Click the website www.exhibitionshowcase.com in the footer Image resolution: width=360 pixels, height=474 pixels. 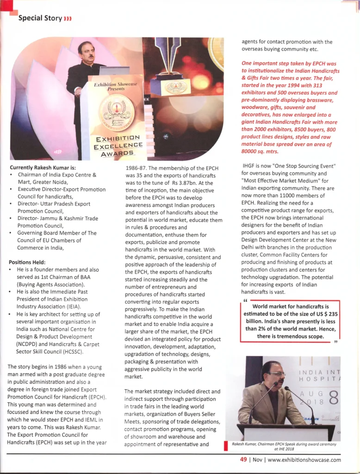click(304, 460)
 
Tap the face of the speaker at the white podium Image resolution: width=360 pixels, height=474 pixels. click(87, 50)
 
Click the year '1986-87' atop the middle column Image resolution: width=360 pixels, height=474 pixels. click(138, 168)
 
